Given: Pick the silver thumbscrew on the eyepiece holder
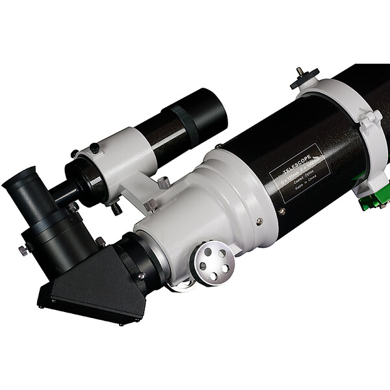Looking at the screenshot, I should point(24,250).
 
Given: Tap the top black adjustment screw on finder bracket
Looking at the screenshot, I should point(94,149).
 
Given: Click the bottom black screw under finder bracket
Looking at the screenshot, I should point(116,210).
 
